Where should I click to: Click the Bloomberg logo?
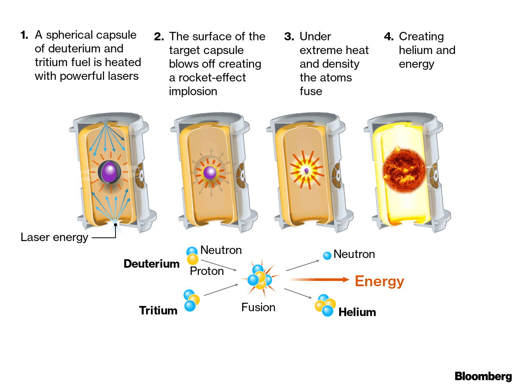point(483,376)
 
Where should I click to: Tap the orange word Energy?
point(379,281)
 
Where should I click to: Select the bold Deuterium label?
point(151,264)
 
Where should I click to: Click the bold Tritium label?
point(158,310)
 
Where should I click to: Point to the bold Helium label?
point(357,312)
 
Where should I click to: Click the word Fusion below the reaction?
point(258,307)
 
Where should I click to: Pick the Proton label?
point(207,271)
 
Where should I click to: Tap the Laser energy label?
point(54,237)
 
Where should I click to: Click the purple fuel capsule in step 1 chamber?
point(109,172)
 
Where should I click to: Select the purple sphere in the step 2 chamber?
point(210,173)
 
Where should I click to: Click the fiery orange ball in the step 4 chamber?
point(404,170)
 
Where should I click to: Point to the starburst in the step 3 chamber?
point(306,170)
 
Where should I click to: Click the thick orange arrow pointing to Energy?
point(319,279)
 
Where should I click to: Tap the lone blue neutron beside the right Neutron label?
point(327,255)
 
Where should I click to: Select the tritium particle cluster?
point(191,300)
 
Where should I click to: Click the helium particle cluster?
point(325,305)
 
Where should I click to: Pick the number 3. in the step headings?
point(289,37)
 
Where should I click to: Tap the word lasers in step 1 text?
point(123,76)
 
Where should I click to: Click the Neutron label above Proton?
point(221,250)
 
